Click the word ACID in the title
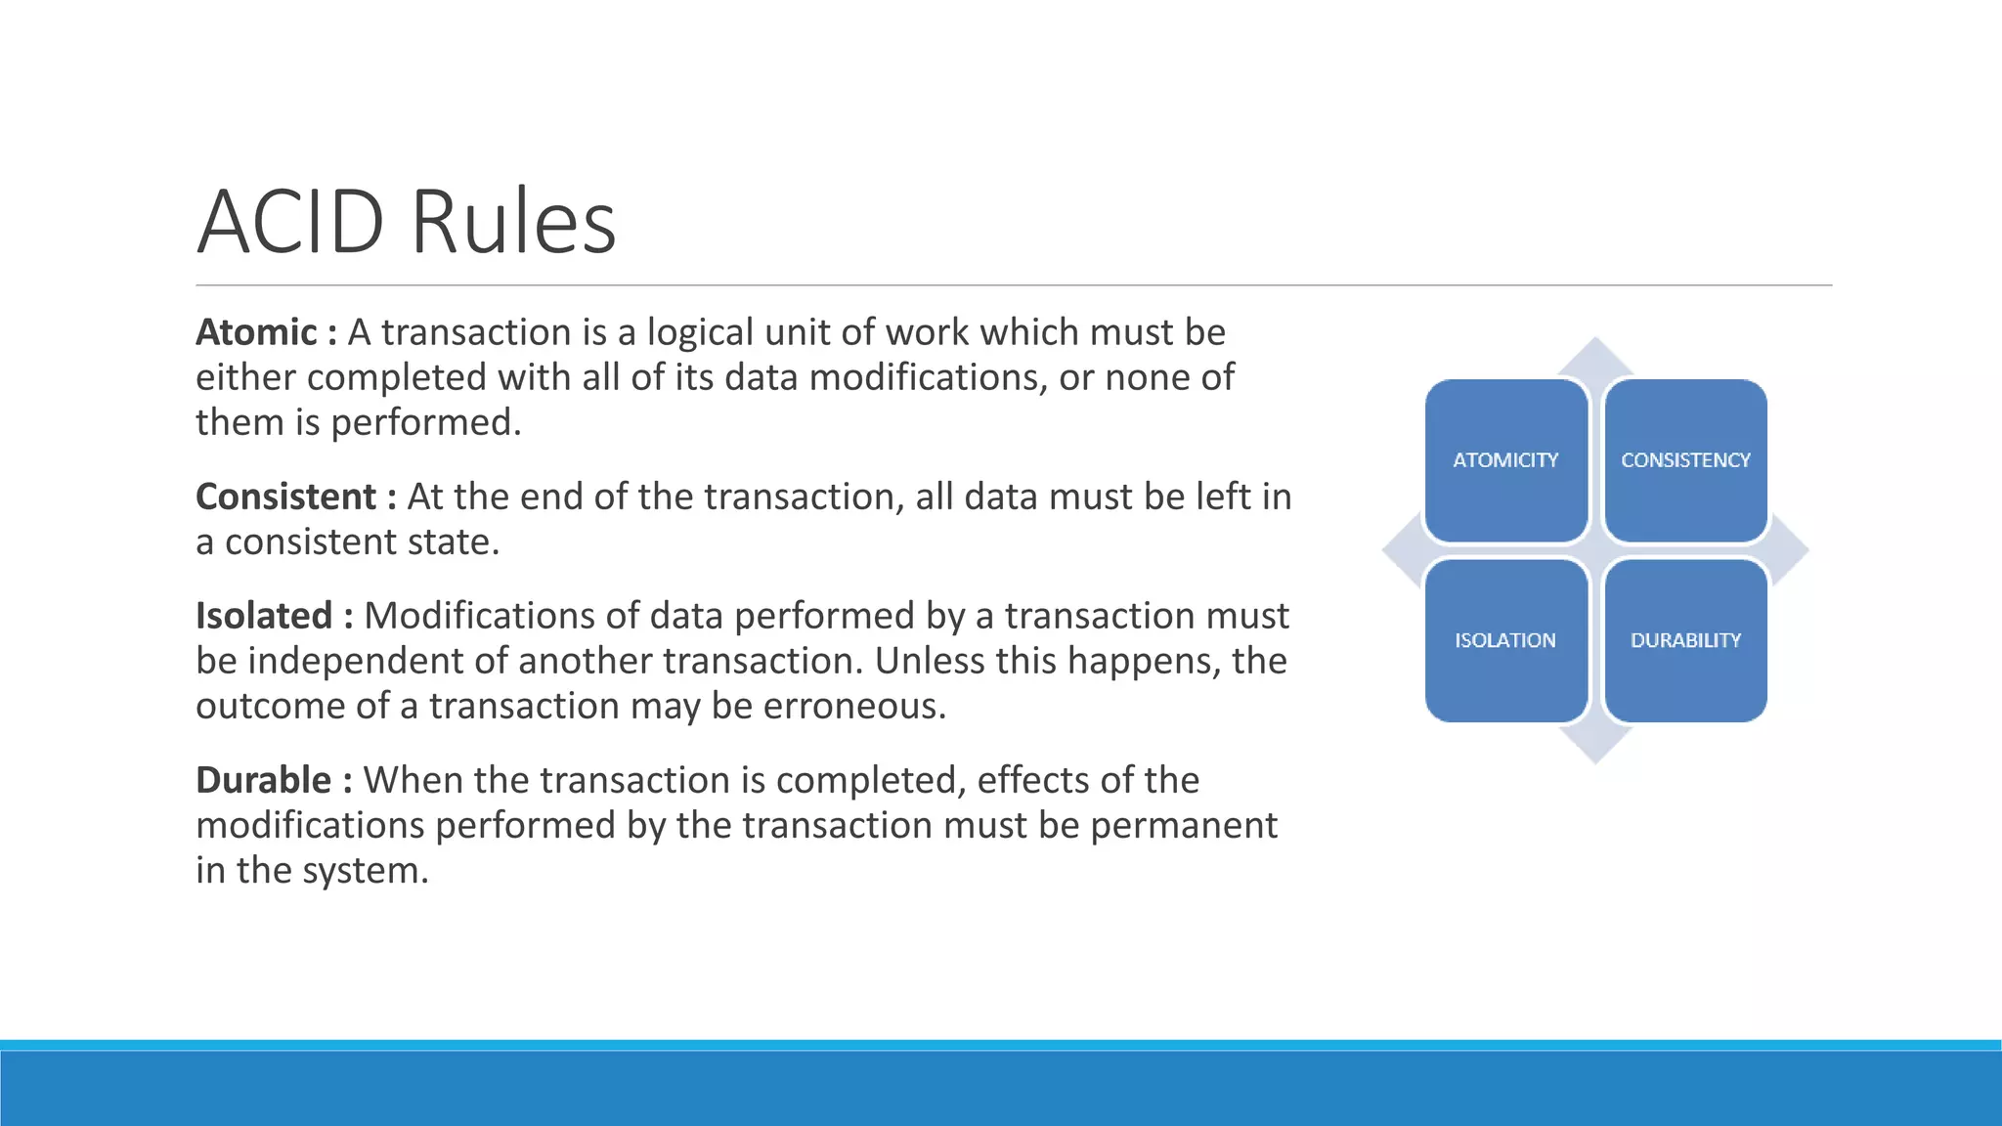click(x=290, y=222)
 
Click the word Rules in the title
click(x=513, y=222)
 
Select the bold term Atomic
click(x=256, y=332)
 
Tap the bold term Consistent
click(x=285, y=497)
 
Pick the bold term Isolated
click(x=264, y=616)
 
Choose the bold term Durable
click(x=263, y=780)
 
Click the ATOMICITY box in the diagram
click(x=1505, y=460)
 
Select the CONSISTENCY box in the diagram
click(x=1685, y=460)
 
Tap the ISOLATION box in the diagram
click(x=1505, y=640)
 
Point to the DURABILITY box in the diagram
click(x=1685, y=640)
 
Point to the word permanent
click(x=1183, y=825)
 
